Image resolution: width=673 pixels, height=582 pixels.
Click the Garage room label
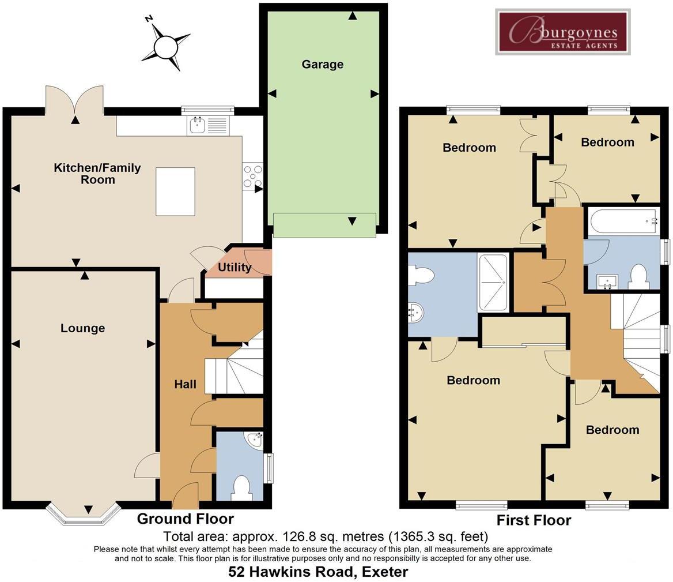pos(322,65)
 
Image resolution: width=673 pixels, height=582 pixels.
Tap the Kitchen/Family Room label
pos(97,174)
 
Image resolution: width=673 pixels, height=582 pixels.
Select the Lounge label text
pos(82,328)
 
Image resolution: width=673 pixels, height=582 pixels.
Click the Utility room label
pos(235,268)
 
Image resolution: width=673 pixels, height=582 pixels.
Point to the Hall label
pos(186,384)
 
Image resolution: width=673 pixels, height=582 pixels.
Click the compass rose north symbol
pos(166,45)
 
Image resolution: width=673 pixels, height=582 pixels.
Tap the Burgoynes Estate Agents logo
pos(562,32)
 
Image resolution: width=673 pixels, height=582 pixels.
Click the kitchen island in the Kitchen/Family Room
pos(175,192)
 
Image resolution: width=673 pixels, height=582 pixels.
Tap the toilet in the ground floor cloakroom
pos(241,487)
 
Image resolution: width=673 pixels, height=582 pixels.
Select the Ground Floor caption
pos(185,519)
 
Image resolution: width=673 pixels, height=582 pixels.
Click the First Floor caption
pos(534,520)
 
